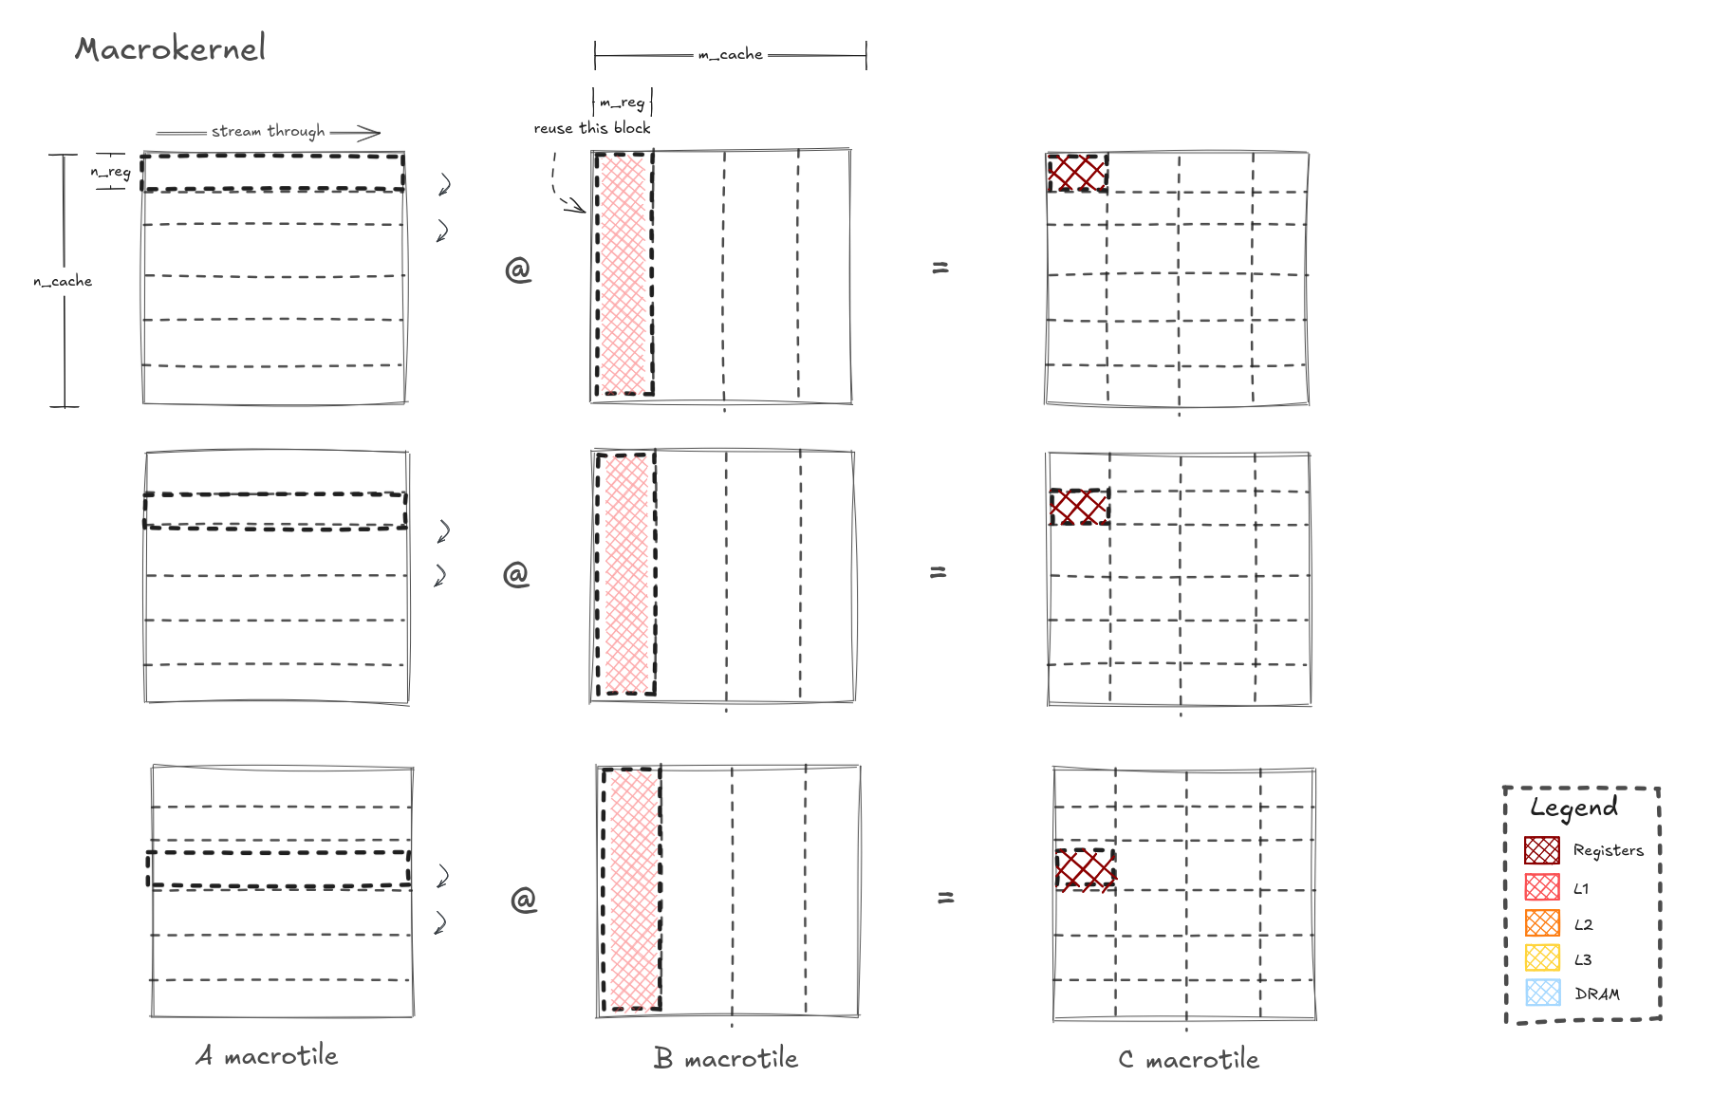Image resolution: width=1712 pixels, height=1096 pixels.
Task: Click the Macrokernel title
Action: (171, 48)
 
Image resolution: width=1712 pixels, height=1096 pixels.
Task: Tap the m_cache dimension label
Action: (730, 55)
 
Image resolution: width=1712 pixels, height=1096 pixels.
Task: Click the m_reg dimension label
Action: (623, 102)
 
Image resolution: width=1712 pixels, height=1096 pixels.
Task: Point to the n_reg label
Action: (110, 172)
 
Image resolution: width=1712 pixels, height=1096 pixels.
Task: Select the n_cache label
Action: (63, 281)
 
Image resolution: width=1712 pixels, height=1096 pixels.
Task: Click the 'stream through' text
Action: (268, 131)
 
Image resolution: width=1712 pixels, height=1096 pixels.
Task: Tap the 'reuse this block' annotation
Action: (592, 128)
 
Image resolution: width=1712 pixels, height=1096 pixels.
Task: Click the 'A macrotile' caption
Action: (267, 1055)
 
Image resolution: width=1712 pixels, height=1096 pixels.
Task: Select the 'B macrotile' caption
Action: (726, 1058)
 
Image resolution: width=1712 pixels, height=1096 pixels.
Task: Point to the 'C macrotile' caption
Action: (1189, 1059)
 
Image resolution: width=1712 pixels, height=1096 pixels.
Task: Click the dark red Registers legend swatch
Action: (1542, 850)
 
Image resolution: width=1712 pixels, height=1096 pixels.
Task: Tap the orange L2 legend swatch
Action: (1542, 922)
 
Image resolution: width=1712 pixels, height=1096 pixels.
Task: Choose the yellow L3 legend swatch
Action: (1542, 957)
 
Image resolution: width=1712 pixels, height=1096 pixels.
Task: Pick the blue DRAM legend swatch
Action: (1542, 993)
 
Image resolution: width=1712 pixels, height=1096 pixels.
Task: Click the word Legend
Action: (1573, 808)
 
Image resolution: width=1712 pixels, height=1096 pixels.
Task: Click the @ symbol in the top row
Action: (518, 270)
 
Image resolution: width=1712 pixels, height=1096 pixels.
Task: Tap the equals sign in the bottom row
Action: (945, 897)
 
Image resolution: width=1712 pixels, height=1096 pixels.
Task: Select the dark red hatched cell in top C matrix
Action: (1077, 173)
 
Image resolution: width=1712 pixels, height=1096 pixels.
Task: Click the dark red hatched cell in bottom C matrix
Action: (1086, 869)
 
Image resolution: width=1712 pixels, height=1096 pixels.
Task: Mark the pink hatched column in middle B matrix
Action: (626, 574)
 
